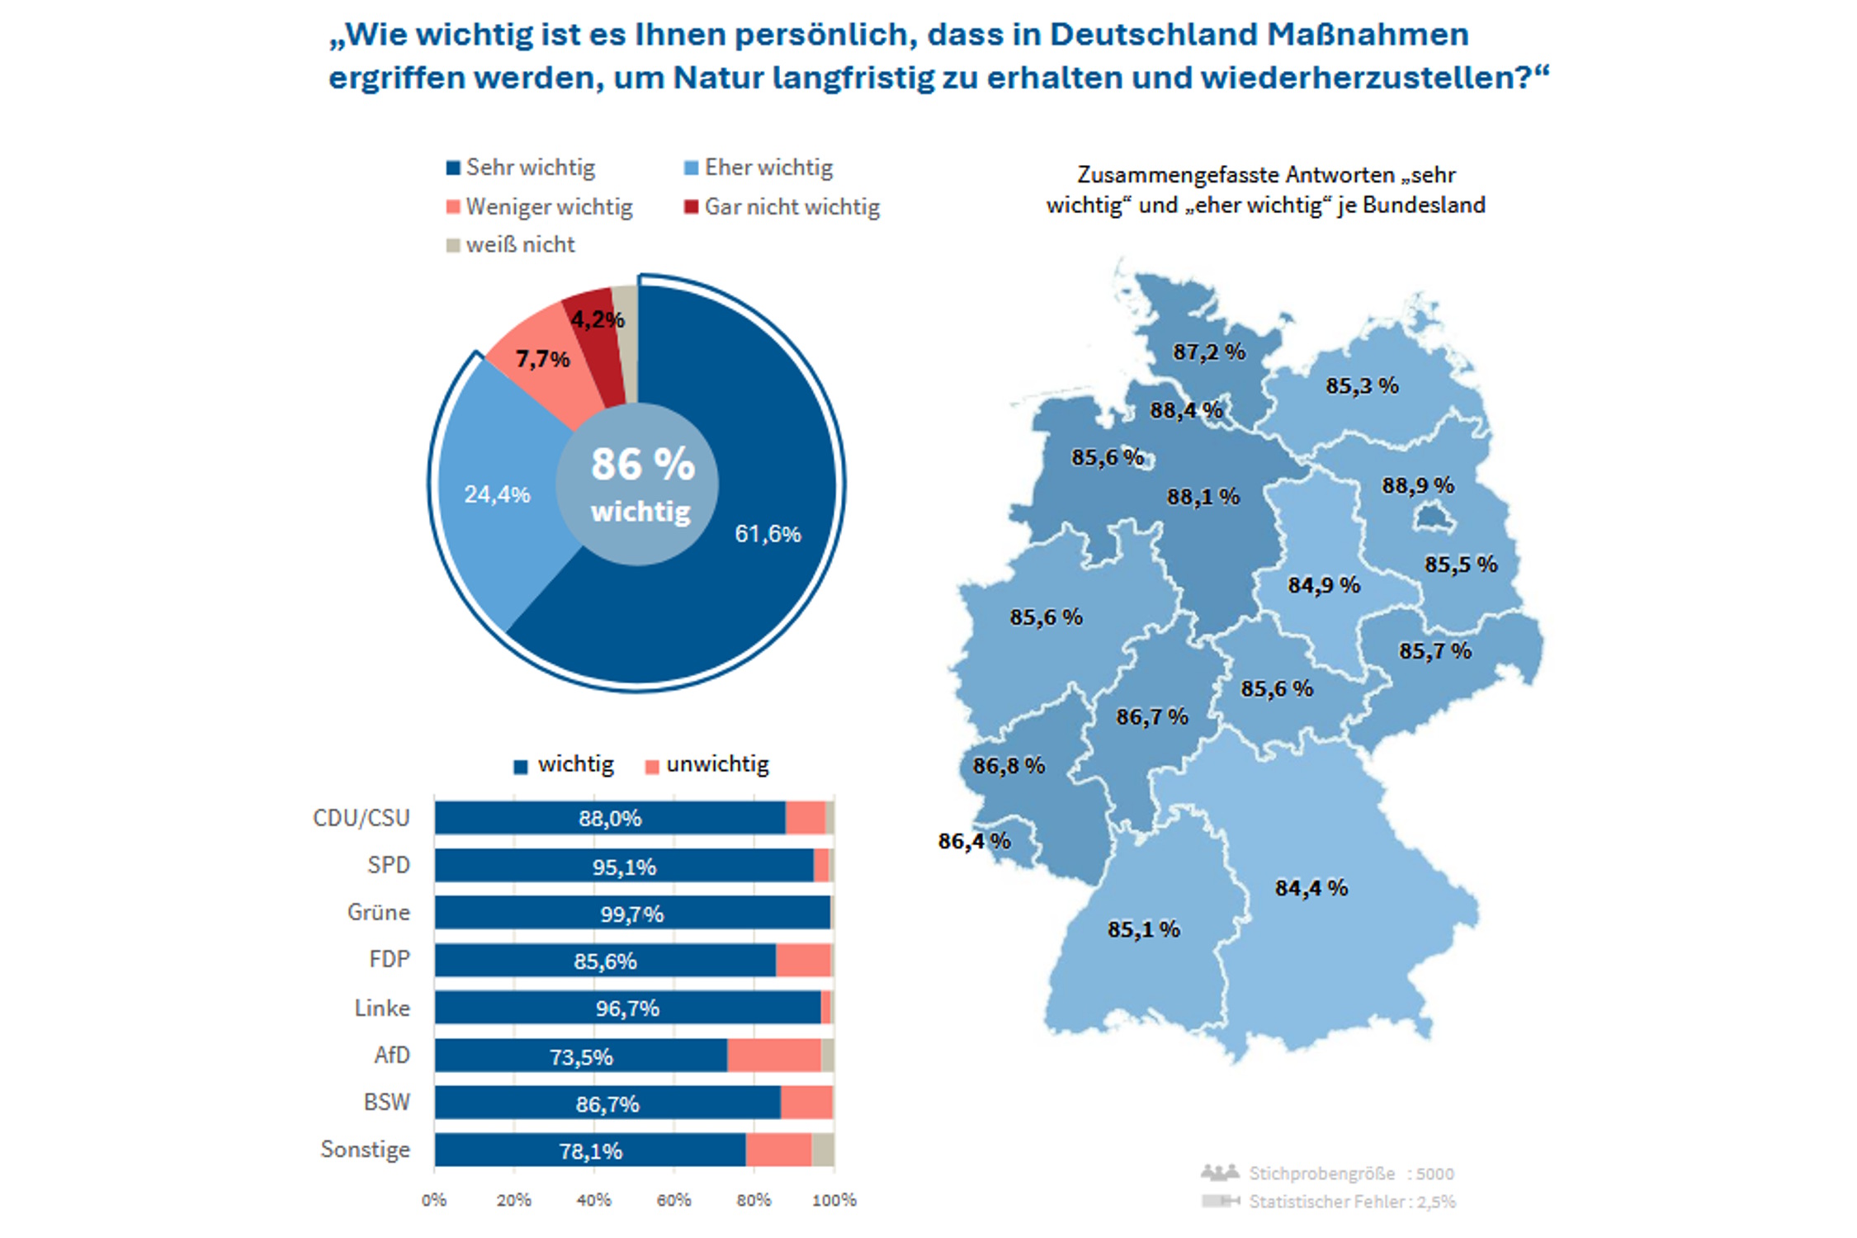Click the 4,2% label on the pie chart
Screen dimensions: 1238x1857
click(x=597, y=319)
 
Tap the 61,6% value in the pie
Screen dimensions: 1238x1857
click(x=768, y=534)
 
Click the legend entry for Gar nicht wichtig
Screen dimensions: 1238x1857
click(x=782, y=206)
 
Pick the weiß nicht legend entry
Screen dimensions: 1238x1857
click(x=511, y=245)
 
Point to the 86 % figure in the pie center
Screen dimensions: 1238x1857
click(x=643, y=464)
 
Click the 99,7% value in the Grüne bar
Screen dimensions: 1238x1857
click(x=631, y=914)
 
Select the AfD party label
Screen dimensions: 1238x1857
click(x=391, y=1055)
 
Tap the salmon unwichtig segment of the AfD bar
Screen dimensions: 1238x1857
click(x=773, y=1056)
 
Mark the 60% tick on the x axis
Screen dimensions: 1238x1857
click(x=673, y=1200)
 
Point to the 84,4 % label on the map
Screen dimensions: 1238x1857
click(x=1311, y=888)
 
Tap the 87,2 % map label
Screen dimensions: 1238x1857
click(x=1209, y=352)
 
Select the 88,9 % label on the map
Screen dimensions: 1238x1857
click(x=1418, y=485)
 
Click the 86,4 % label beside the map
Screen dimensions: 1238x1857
click(x=974, y=841)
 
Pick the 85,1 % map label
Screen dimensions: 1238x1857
click(x=1143, y=929)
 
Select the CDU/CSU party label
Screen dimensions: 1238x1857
click(x=361, y=818)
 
